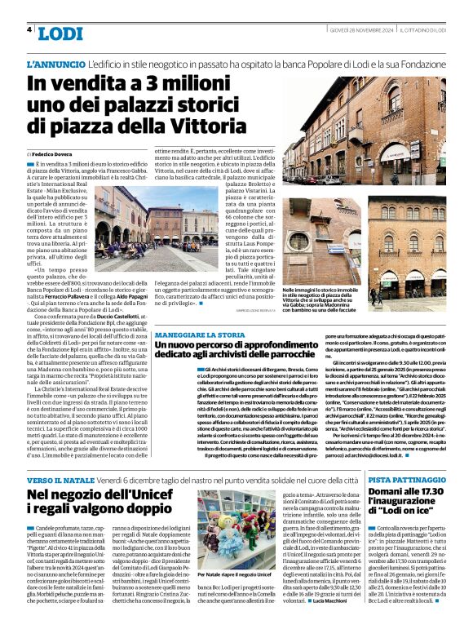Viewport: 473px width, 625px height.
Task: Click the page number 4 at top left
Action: [29, 29]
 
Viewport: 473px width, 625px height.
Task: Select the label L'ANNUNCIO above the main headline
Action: [56, 64]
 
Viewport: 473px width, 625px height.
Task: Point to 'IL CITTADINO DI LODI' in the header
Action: [434, 29]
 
